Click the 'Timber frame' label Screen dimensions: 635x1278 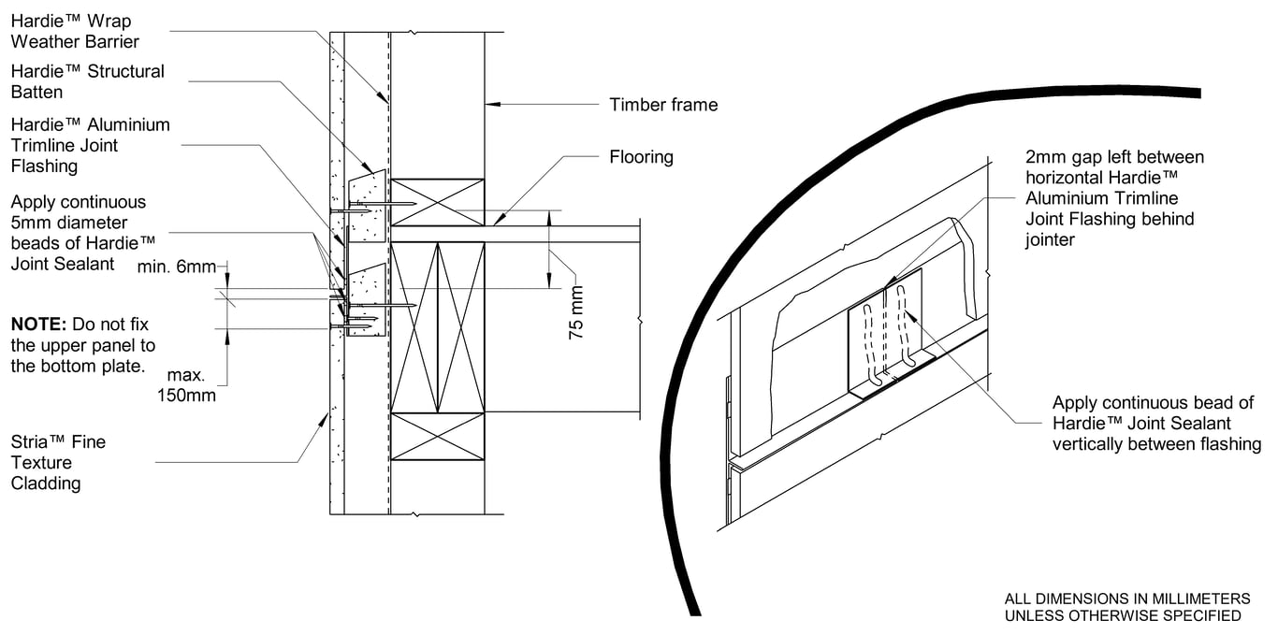[x=663, y=105]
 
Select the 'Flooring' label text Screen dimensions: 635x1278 [x=641, y=157]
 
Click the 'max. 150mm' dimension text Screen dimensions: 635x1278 [x=187, y=385]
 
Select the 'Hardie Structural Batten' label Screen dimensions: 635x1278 [x=87, y=81]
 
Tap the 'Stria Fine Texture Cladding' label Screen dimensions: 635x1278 [x=58, y=462]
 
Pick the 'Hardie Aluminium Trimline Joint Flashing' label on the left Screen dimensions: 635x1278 [x=90, y=145]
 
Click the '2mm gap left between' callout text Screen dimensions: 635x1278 [x=1114, y=157]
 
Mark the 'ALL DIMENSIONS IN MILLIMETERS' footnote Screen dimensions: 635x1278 [x=1126, y=599]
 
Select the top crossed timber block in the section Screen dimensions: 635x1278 [x=437, y=202]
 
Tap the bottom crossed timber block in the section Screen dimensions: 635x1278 [x=437, y=436]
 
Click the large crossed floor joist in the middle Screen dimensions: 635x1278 [x=437, y=325]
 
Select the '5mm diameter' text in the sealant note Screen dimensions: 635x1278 [x=69, y=223]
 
